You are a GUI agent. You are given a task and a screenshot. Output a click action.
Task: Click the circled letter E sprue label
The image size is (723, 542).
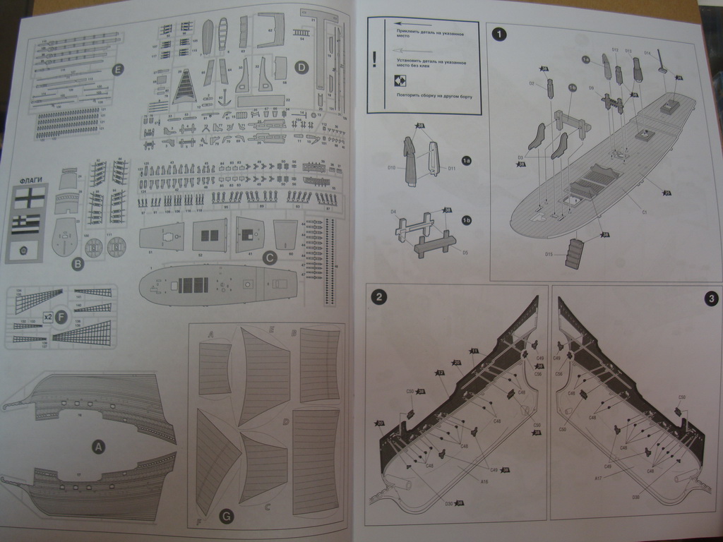[117, 68]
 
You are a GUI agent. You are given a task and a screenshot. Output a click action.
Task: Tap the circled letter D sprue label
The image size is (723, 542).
[301, 68]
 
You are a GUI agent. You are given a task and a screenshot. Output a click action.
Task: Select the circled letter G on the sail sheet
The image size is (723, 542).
[226, 517]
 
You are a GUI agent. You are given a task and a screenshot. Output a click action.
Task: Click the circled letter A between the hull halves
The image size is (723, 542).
[98, 446]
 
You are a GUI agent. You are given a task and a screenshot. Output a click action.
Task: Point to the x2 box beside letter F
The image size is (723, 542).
[48, 318]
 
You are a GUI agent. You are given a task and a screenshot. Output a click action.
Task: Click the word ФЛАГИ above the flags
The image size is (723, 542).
[32, 179]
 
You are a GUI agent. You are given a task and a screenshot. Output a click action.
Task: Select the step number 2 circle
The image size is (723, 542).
[379, 297]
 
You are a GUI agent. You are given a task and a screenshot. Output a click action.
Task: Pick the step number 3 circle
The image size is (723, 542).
[710, 299]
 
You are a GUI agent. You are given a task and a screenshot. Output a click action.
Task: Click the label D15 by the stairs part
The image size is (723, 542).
[549, 254]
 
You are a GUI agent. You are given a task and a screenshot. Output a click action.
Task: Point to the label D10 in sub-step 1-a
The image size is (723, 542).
[392, 167]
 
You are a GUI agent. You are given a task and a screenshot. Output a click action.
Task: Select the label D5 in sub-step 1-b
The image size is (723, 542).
[465, 252]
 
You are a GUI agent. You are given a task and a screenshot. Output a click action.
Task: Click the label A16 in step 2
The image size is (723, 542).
[484, 482]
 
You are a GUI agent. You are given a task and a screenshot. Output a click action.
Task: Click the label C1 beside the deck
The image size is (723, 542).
[644, 211]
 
